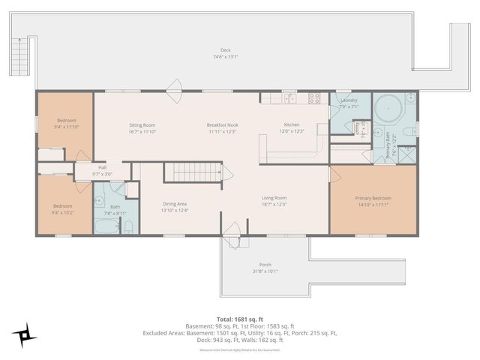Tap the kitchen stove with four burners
[313, 97]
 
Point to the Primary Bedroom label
[373, 198]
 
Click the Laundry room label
[349, 100]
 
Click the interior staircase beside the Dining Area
[194, 172]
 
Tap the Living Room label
[274, 197]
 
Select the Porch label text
[265, 265]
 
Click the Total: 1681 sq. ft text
[239, 319]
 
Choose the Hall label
[102, 167]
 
